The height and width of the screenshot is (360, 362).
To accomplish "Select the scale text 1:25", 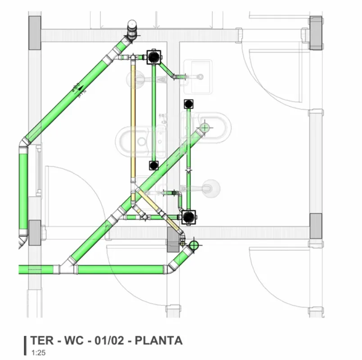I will pos(38,352).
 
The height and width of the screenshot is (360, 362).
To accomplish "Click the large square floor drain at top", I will pos(154,57).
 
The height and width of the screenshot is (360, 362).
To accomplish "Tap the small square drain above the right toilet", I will pos(189,104).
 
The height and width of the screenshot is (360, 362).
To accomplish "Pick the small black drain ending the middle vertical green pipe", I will pos(154,165).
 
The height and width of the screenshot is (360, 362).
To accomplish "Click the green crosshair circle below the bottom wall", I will pos(194,245).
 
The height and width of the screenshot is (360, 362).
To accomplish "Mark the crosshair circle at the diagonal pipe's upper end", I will pos(205,128).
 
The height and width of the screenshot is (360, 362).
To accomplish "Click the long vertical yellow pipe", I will pos(133,121).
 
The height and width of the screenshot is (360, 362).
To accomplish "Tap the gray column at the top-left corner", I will pos(35,33).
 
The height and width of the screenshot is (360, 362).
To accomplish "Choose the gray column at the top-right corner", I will pos(316,32).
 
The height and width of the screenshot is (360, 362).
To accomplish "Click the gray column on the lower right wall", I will pos(316,226).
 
